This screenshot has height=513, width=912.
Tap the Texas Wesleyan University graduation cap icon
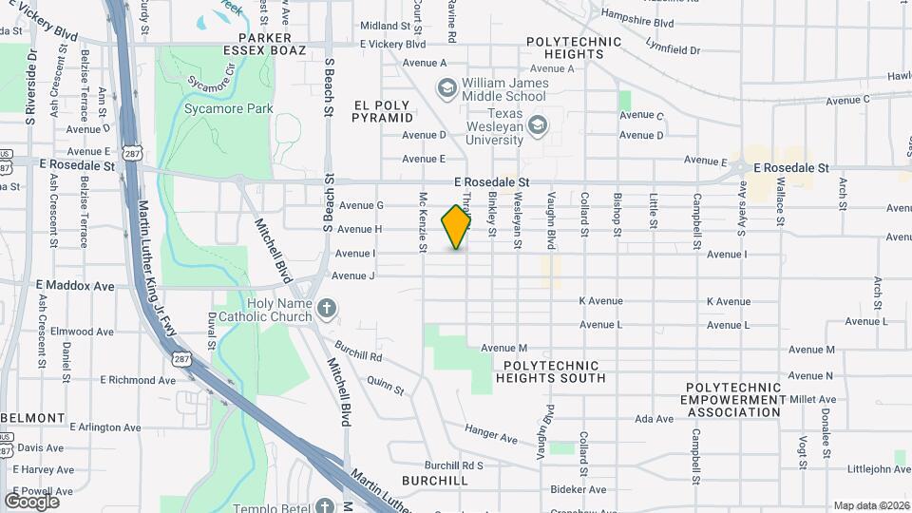tap(539, 124)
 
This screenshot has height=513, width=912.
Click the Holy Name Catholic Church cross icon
tap(326, 308)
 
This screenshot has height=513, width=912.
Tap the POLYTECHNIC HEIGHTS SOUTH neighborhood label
tap(550, 371)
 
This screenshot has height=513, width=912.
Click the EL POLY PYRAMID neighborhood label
tap(383, 111)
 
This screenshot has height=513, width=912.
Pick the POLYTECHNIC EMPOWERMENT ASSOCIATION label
tap(733, 400)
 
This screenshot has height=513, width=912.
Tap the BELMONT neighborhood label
tap(32, 418)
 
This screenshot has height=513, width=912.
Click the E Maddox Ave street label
tap(75, 285)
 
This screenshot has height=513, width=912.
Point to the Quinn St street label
tap(386, 384)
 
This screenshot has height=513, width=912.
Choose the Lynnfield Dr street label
tap(672, 49)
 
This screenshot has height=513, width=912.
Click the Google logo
tap(31, 501)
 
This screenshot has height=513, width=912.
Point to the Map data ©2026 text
tap(870, 505)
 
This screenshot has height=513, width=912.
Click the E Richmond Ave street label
tap(138, 380)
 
